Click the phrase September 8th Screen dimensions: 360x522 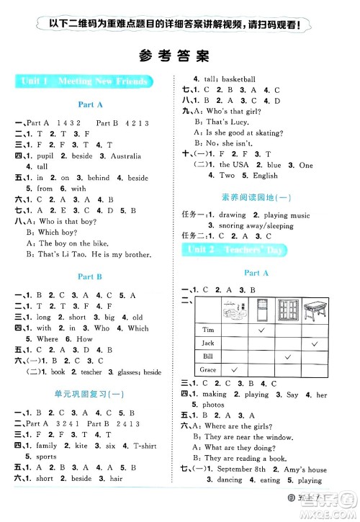tap(244, 470)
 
